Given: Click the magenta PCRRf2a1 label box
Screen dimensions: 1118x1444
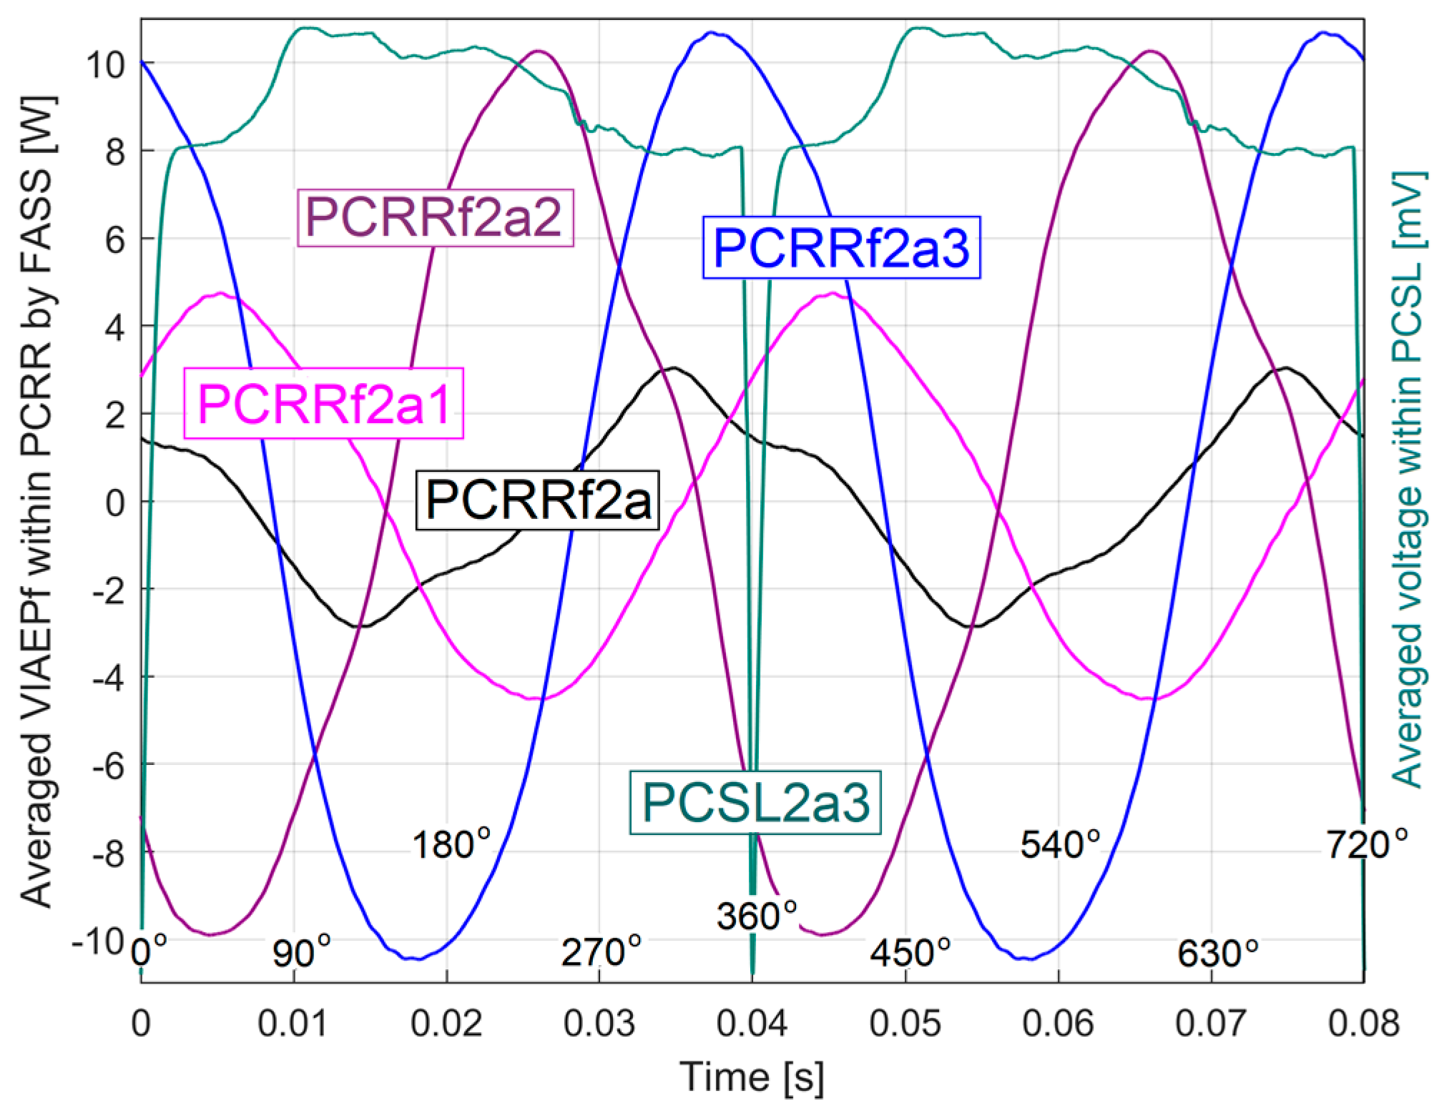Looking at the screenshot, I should pyautogui.click(x=324, y=403).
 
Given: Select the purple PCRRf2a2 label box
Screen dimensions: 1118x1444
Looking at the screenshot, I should pyautogui.click(x=435, y=217).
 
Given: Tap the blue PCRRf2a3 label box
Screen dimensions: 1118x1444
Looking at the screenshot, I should pyautogui.click(x=841, y=247).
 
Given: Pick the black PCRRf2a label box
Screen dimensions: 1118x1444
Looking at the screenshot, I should pyautogui.click(x=537, y=500).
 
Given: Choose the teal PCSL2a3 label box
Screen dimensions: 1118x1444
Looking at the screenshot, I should pyautogui.click(x=755, y=803).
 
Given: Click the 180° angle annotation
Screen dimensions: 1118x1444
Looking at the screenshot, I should pyautogui.click(x=451, y=844).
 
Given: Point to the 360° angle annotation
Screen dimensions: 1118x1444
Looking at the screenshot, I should pyautogui.click(x=757, y=916).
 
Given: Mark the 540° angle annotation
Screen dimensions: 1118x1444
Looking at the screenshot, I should pyautogui.click(x=1060, y=844).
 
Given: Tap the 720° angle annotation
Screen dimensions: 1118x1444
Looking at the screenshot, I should pyautogui.click(x=1367, y=844).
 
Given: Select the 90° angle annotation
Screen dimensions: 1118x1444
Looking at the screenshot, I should pyautogui.click(x=302, y=951).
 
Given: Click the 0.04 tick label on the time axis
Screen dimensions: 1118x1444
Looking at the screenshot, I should pyautogui.click(x=752, y=1024).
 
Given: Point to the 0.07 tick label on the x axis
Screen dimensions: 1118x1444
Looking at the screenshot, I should pyautogui.click(x=1211, y=1024).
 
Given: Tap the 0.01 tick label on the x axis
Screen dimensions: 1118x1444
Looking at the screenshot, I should pyautogui.click(x=293, y=1024).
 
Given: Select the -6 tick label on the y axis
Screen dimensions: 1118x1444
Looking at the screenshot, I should pyautogui.click(x=109, y=766).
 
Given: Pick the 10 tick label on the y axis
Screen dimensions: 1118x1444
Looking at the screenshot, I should pyautogui.click(x=105, y=65).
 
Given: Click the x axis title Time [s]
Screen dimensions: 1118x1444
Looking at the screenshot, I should pyautogui.click(x=752, y=1077).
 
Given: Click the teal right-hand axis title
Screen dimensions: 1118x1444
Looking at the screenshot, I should pyautogui.click(x=1408, y=479).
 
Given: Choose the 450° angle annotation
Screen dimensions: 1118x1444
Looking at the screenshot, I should pyautogui.click(x=910, y=951).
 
